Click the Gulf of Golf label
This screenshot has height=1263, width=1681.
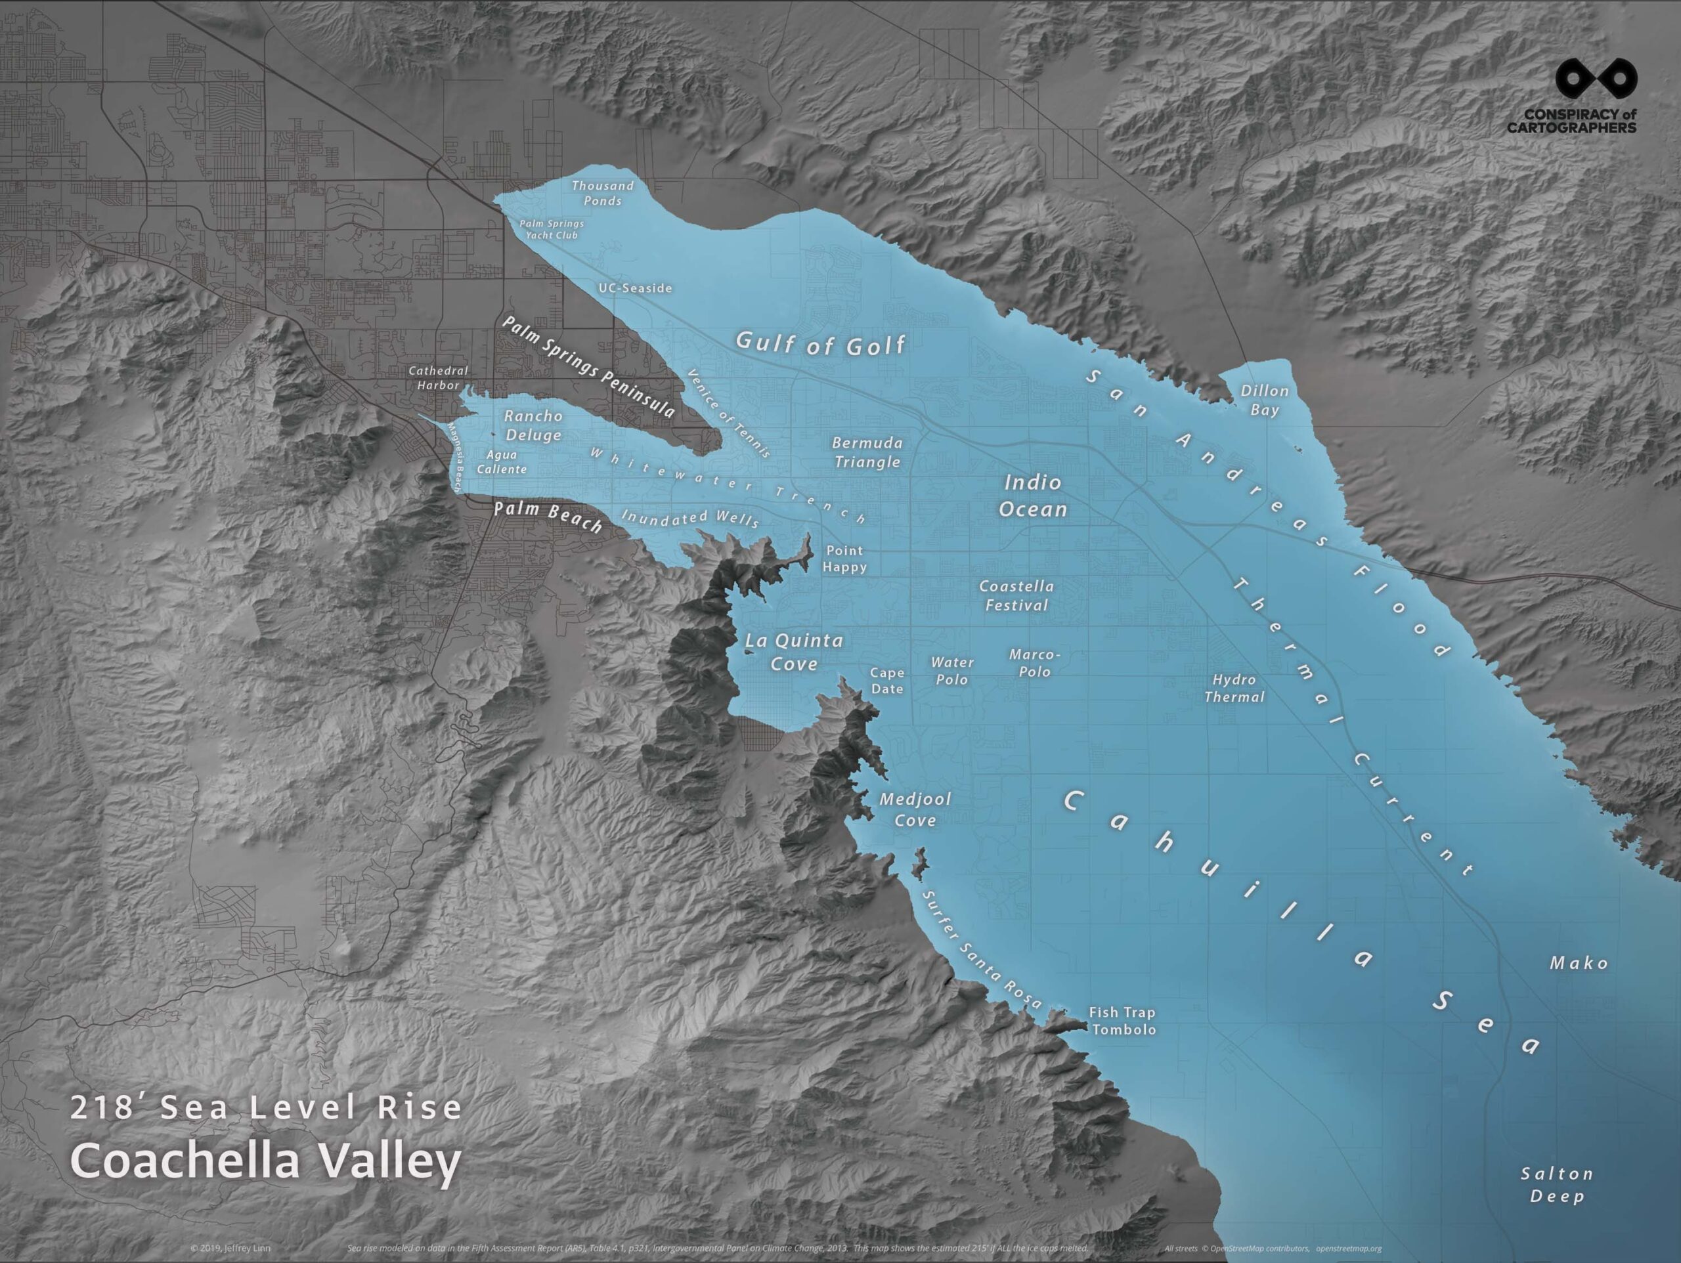820,344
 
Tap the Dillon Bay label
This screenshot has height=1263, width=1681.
1265,400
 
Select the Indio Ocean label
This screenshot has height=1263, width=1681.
1033,496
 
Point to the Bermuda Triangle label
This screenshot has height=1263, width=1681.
867,452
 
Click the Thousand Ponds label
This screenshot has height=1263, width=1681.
602,193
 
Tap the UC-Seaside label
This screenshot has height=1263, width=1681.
636,289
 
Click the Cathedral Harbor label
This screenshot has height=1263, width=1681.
439,377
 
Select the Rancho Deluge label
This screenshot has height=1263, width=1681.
533,425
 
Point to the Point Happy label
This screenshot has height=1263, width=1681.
844,559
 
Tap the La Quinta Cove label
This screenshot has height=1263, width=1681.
794,652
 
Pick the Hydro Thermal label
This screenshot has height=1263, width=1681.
1234,688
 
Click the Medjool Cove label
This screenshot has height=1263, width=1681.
915,809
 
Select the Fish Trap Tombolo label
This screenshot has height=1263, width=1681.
1122,1021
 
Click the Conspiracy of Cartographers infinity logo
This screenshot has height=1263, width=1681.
1595,79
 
